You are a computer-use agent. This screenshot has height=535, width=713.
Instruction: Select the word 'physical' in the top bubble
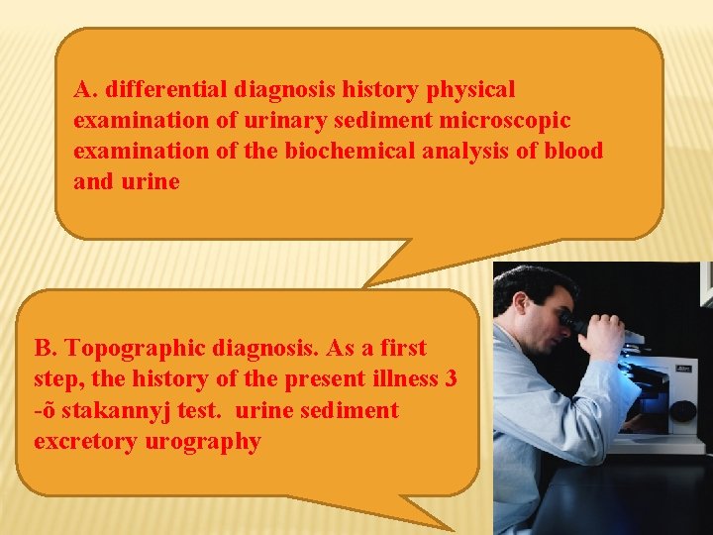point(470,90)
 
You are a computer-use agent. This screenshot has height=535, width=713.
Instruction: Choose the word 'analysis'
point(470,152)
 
